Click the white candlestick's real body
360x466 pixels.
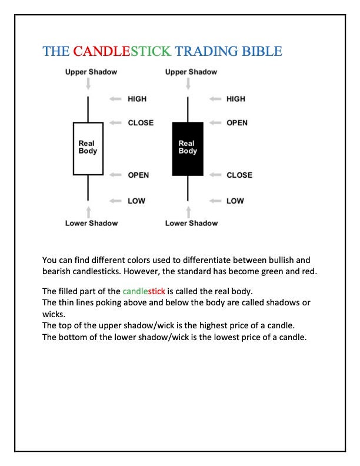point(88,148)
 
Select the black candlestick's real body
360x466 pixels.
point(188,148)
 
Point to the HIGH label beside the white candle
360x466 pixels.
point(137,99)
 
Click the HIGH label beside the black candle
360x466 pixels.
point(236,99)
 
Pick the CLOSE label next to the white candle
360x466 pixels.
point(141,122)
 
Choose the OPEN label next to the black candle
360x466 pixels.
point(237,122)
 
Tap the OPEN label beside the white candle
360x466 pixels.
point(138,175)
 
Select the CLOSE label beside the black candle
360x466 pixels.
point(239,175)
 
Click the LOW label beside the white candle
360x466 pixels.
point(136,201)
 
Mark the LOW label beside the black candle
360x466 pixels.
point(235,201)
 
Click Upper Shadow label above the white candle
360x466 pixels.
point(91,72)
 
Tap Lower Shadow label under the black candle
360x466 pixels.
point(191,223)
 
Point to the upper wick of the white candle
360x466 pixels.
point(88,109)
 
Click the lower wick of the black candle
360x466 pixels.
point(188,188)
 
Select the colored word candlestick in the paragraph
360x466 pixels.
point(144,291)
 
